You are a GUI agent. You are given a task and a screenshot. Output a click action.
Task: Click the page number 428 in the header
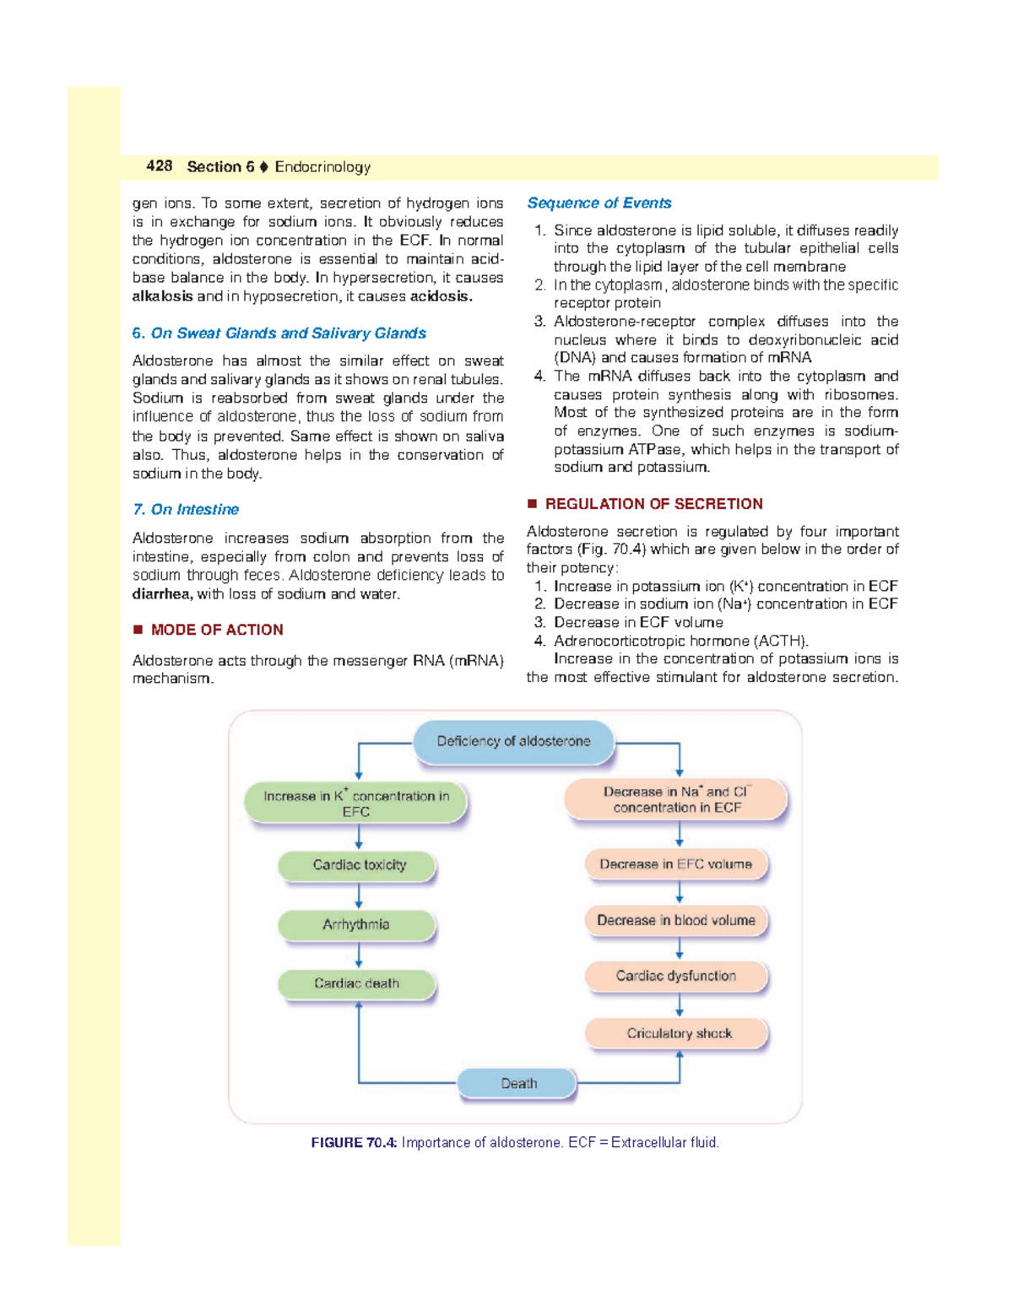[159, 166]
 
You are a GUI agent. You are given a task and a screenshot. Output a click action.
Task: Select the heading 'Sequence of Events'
[599, 203]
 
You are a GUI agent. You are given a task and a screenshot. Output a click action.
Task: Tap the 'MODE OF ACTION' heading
[217, 630]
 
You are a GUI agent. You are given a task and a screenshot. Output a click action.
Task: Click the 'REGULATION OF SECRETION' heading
[653, 504]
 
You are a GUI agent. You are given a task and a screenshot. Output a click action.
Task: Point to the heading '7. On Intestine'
[186, 510]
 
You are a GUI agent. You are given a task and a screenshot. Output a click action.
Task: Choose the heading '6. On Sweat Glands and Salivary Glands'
[279, 333]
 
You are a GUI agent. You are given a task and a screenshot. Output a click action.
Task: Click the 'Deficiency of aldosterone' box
[513, 741]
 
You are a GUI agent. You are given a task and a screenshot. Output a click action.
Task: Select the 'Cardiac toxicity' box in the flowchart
[358, 865]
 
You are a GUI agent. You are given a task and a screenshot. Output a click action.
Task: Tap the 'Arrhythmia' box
[356, 924]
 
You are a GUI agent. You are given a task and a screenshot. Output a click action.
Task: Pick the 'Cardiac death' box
[356, 983]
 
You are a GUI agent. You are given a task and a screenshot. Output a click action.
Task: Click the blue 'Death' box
[517, 1083]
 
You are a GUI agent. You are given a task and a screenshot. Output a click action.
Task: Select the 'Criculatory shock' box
[678, 1033]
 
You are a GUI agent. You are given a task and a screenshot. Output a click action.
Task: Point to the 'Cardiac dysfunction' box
[676, 976]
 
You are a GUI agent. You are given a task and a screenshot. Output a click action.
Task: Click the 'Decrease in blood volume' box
[676, 920]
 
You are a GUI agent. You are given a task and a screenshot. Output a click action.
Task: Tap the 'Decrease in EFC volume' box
[676, 864]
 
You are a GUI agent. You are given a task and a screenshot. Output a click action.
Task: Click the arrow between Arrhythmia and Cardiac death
[359, 955]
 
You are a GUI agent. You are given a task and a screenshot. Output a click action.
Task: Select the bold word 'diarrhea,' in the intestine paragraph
[162, 594]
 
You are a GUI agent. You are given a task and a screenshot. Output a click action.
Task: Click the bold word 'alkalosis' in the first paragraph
[162, 296]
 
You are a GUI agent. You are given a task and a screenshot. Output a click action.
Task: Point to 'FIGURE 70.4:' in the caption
[354, 1143]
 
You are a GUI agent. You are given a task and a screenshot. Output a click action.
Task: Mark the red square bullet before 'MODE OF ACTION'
[138, 630]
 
